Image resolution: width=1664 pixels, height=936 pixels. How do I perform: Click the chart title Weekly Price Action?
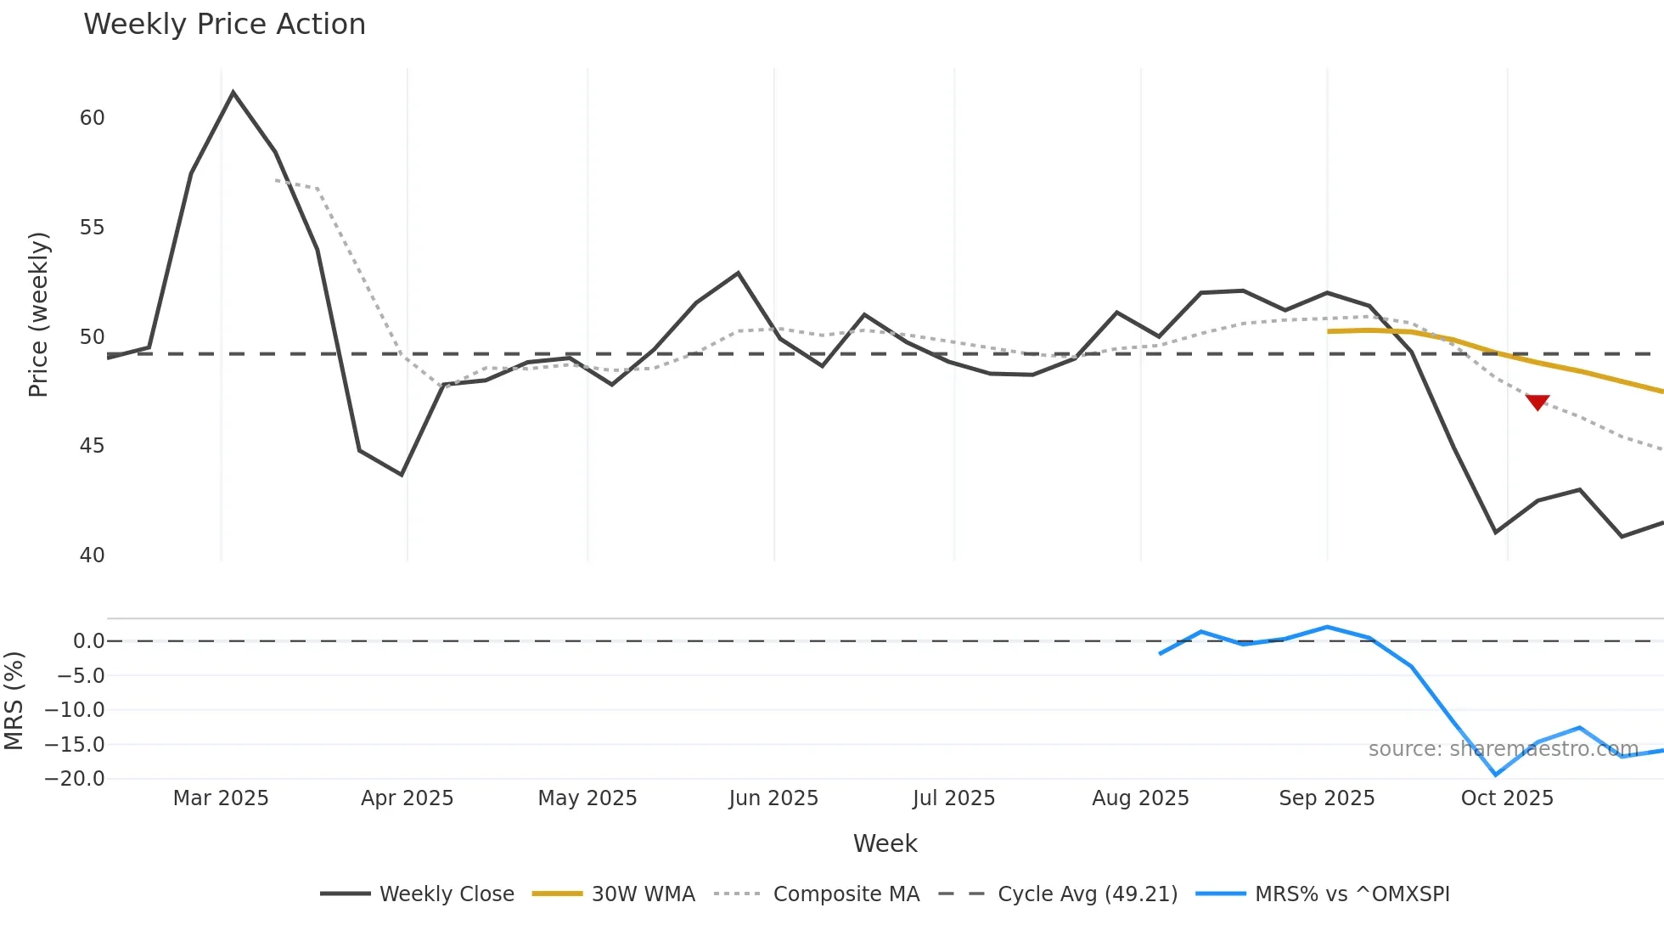[x=224, y=25]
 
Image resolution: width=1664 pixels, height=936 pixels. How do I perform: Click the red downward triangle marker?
[x=1537, y=402]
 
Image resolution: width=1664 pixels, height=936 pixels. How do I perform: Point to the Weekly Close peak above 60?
[x=233, y=93]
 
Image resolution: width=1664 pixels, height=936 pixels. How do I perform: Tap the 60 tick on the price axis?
[x=92, y=118]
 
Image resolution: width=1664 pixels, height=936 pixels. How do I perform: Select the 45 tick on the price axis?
[x=92, y=446]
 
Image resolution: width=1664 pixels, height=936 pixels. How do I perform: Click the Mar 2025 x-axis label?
[x=221, y=798]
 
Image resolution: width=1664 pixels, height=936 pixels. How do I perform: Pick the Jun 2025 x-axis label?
[x=773, y=798]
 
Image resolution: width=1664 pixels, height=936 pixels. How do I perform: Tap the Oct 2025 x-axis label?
[x=1507, y=798]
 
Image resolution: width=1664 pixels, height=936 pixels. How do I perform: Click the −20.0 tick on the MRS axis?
[x=75, y=779]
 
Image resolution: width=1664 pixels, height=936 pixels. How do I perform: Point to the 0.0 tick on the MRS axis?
[x=88, y=641]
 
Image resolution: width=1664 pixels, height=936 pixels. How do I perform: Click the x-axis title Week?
[x=885, y=843]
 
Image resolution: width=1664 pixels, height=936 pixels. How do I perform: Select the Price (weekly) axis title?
[x=38, y=314]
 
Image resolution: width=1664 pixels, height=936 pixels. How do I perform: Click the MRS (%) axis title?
[x=14, y=701]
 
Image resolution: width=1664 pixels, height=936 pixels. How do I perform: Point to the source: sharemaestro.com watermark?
[x=1503, y=749]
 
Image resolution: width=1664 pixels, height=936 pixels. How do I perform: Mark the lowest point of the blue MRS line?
[x=1496, y=775]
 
